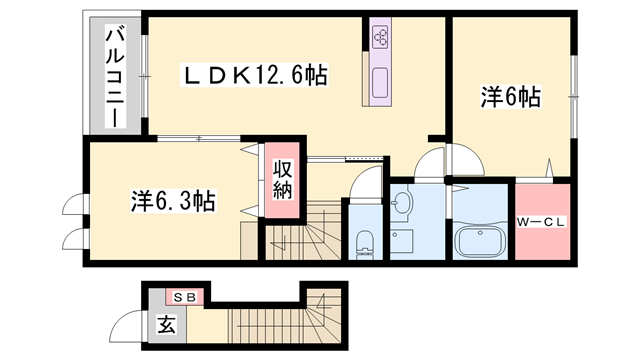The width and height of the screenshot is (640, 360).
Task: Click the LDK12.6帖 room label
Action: [254, 75]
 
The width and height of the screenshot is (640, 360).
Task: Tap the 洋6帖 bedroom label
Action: [511, 98]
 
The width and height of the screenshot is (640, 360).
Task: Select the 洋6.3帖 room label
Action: [173, 201]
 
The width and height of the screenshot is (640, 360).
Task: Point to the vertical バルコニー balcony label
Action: [115, 76]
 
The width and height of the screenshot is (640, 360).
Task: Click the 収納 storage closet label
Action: [282, 180]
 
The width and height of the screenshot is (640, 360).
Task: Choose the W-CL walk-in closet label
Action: [541, 222]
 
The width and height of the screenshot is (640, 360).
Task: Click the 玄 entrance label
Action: [167, 324]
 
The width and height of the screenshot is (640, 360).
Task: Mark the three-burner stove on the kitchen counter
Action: [380, 35]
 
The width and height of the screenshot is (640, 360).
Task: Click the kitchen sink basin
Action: [380, 83]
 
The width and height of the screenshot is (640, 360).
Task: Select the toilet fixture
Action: [364, 244]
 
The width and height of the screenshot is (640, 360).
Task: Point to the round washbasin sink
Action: [402, 202]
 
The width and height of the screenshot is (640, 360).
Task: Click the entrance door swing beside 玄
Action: [127, 325]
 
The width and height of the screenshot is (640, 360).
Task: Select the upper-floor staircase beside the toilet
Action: [303, 231]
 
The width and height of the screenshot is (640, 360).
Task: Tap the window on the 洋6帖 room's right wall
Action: [574, 96]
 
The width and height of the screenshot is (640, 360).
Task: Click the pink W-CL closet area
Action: [542, 222]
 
